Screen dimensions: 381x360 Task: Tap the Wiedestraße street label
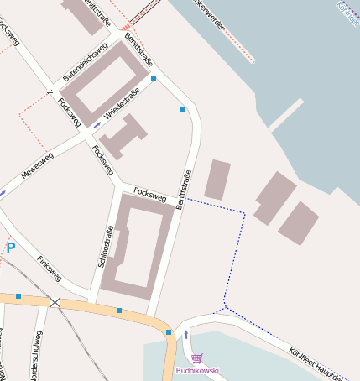(x=122, y=105)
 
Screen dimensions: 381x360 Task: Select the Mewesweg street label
(x=38, y=164)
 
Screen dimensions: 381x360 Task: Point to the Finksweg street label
(x=50, y=267)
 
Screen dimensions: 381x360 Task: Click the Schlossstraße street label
(x=106, y=247)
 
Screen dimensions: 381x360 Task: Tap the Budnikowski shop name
(x=197, y=370)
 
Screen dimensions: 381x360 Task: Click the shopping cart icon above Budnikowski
(x=197, y=358)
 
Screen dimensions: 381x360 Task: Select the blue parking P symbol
(x=11, y=248)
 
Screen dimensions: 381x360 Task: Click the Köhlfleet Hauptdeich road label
(x=323, y=363)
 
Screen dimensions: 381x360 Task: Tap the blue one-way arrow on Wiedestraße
(x=97, y=125)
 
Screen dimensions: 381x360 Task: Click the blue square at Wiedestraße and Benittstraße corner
(x=154, y=80)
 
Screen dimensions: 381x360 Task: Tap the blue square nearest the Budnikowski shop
(x=169, y=333)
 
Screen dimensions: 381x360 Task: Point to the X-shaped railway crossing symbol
(x=55, y=302)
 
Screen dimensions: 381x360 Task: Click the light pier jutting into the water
(x=286, y=115)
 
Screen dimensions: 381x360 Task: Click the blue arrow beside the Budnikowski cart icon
(x=186, y=336)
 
